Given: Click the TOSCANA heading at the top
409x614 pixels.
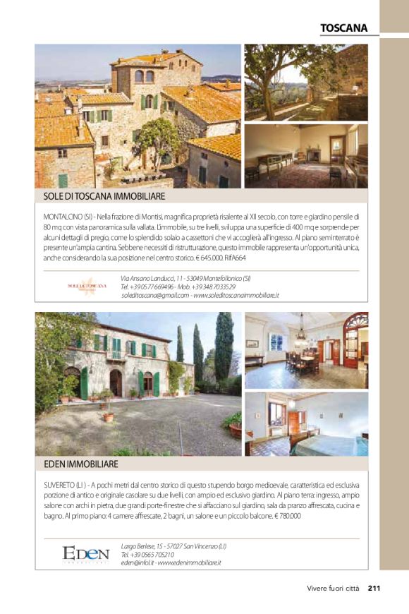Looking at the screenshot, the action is click(x=343, y=28).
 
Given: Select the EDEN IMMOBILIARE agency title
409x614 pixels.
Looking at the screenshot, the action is click(x=80, y=464).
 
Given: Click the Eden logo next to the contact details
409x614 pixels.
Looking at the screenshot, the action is click(x=85, y=554).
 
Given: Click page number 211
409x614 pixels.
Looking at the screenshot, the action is click(x=374, y=589).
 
